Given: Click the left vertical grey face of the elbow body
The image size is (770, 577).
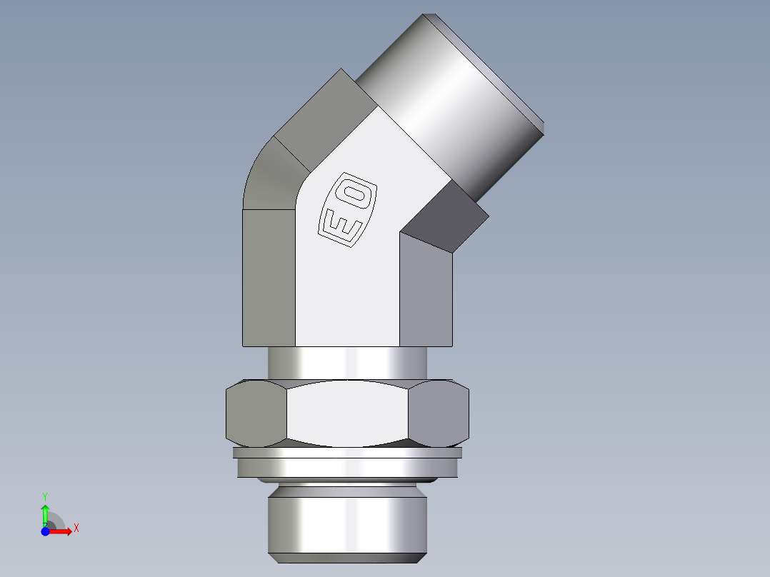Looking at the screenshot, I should click(x=269, y=279).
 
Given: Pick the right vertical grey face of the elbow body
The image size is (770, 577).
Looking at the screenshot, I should click(x=426, y=293).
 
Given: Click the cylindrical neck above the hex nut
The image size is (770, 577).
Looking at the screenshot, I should click(x=347, y=363).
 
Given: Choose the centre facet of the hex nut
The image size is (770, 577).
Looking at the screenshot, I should click(x=349, y=414).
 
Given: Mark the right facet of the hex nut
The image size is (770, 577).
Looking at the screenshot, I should click(x=440, y=414).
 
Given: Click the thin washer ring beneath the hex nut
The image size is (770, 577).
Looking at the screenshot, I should click(x=347, y=453).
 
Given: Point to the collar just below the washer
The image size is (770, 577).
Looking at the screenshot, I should click(x=347, y=467).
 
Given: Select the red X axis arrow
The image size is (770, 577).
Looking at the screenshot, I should click(x=61, y=531).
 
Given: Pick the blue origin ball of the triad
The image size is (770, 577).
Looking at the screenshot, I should click(x=45, y=531).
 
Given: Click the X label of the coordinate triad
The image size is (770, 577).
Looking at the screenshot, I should click(x=76, y=528).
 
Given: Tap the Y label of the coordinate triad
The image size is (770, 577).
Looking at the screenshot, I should click(x=45, y=496).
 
